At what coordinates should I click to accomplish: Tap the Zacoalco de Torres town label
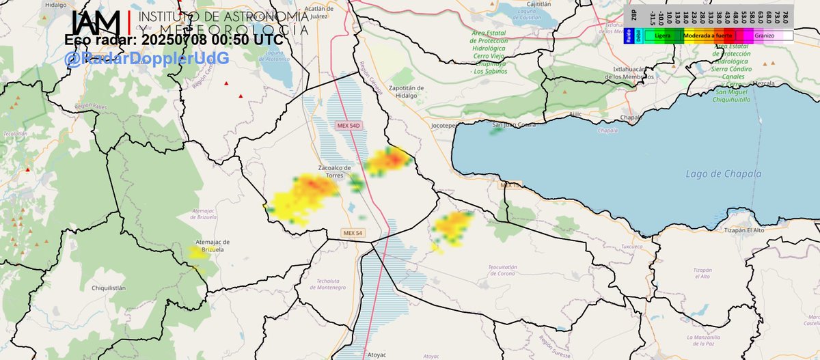[335, 171]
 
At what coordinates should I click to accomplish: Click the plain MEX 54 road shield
[353, 234]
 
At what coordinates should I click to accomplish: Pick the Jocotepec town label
[445, 126]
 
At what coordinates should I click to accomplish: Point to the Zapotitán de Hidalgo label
[406, 91]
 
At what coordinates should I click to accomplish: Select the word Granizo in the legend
[764, 35]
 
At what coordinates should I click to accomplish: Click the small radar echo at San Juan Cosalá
[496, 128]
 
